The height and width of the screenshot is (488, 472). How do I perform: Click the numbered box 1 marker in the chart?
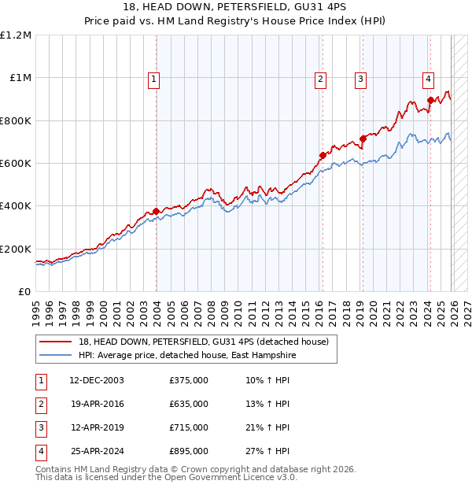(153, 79)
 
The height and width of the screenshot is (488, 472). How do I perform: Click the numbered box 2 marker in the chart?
(321, 79)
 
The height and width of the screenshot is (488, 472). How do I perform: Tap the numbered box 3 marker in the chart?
(360, 79)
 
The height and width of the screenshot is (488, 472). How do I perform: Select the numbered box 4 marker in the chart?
(428, 79)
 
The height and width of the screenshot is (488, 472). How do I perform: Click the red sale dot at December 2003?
(157, 211)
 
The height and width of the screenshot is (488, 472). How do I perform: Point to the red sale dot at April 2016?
(323, 155)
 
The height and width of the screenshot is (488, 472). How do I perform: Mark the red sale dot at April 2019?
(363, 139)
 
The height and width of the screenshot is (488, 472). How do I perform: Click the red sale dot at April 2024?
(430, 100)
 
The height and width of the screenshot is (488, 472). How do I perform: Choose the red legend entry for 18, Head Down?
(208, 342)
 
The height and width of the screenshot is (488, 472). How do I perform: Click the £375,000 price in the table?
(189, 380)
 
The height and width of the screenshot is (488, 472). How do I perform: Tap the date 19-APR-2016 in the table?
(97, 404)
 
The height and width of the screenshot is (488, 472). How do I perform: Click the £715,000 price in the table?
(189, 427)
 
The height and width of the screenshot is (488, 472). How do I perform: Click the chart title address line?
(236, 8)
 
